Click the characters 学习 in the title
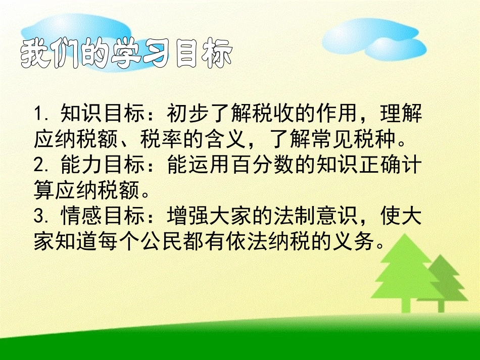143,53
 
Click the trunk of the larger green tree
404,303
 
